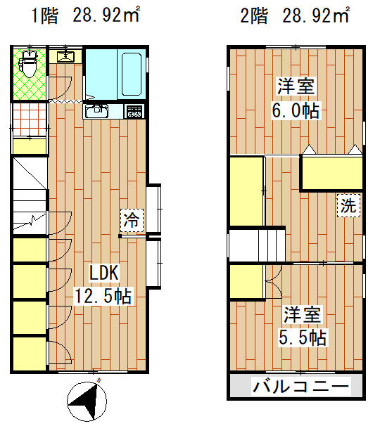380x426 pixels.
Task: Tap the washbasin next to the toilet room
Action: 65,56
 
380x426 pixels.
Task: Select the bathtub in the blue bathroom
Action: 132,74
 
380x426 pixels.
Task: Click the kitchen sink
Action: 96,111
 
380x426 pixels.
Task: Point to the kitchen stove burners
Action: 134,111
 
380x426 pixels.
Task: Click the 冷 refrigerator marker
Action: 132,220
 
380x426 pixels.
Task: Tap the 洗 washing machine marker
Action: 348,205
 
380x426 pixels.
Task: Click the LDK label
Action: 104,273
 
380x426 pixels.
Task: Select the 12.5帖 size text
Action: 103,296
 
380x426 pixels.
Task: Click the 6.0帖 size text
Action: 296,110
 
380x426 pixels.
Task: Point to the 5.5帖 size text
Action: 303,337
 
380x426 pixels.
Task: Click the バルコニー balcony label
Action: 301,387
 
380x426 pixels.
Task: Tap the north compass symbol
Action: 87,401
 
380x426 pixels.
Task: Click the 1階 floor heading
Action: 45,15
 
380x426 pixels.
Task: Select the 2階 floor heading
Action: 254,15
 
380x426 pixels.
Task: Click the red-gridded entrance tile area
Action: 30,119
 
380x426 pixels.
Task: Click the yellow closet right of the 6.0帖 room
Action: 332,173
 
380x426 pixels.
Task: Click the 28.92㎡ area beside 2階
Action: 315,15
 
